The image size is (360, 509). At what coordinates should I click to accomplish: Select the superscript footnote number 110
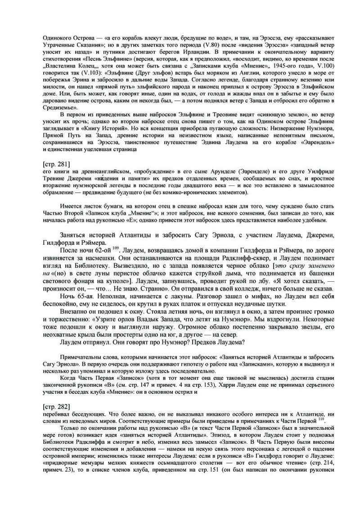pyautogui.click(x=320, y=419)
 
